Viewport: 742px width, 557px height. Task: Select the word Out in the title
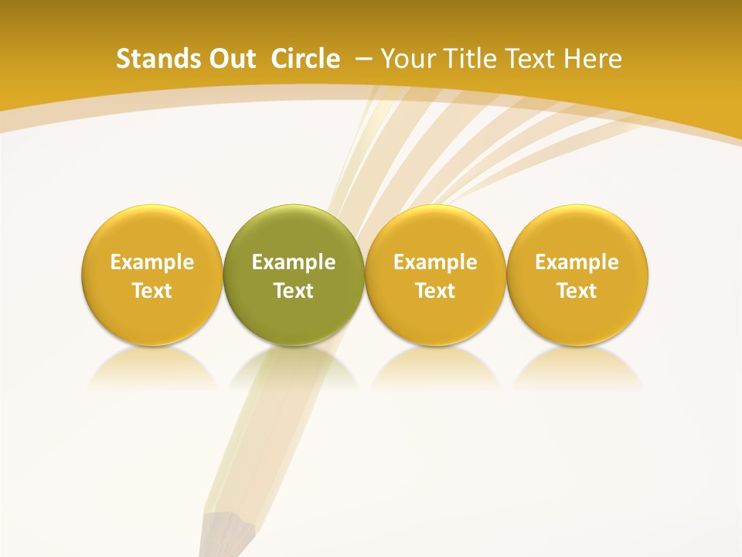tap(230, 59)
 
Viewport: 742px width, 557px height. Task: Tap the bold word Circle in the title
tap(305, 59)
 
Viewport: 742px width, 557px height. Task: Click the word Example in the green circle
tap(294, 262)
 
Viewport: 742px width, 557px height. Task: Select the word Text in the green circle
tap(294, 291)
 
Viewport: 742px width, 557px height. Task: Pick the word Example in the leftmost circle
tap(152, 262)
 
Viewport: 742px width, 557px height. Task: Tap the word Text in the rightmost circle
tap(577, 291)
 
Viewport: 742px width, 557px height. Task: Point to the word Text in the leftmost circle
tap(152, 291)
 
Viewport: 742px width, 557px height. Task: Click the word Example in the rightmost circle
tap(577, 262)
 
